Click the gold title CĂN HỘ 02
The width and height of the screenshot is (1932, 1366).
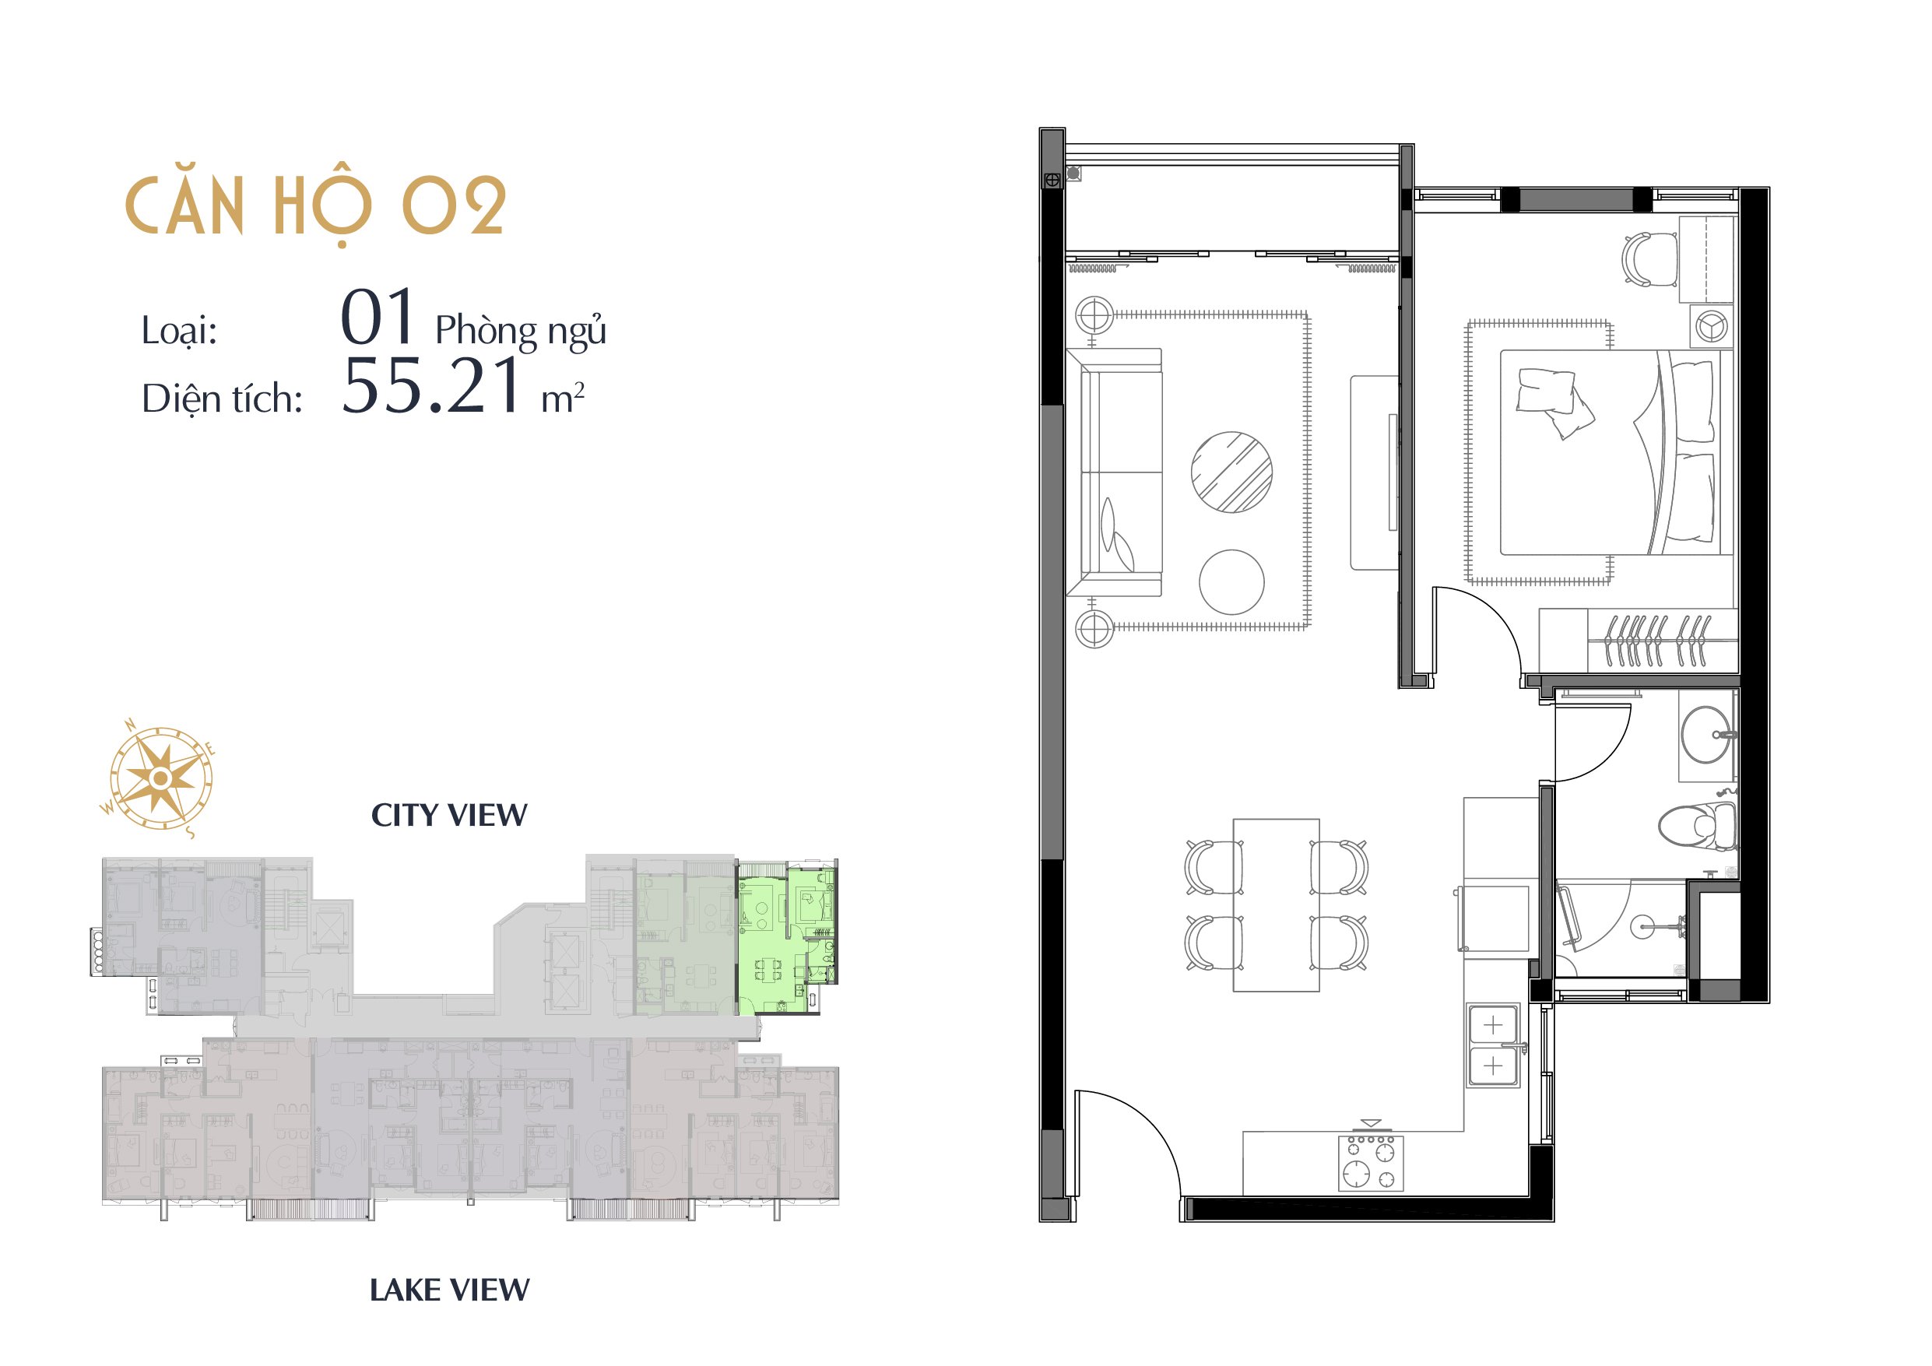click(315, 207)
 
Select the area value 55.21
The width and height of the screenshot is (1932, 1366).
click(433, 386)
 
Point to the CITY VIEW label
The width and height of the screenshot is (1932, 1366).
click(449, 815)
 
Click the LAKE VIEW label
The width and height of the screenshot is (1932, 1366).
click(449, 1291)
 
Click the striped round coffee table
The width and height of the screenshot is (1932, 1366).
click(1231, 472)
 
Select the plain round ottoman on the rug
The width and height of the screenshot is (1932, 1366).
click(1231, 582)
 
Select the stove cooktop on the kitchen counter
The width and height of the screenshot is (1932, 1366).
click(1371, 1162)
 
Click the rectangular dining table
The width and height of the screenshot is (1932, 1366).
click(1277, 904)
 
